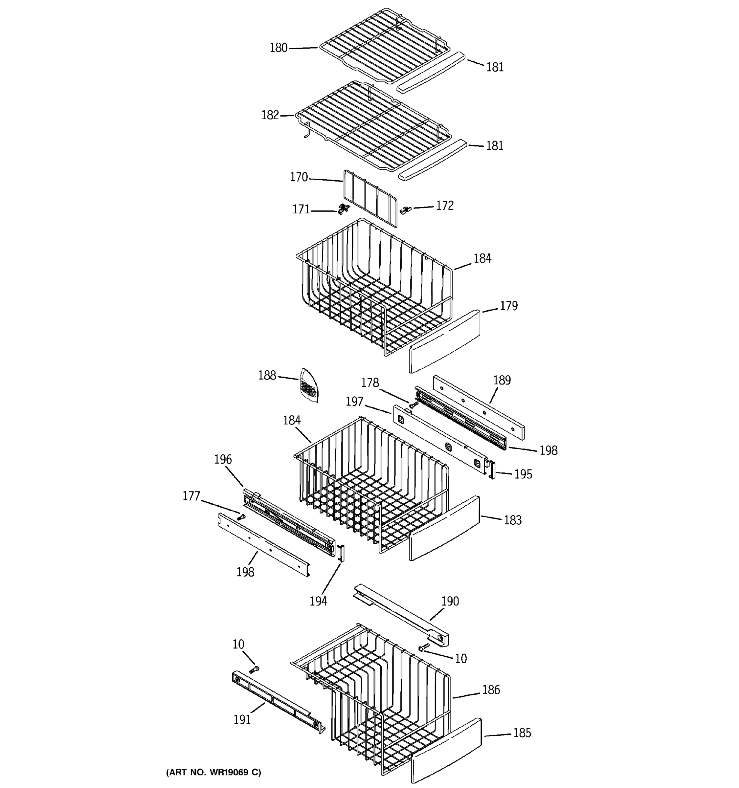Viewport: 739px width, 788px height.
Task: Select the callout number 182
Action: [x=270, y=115]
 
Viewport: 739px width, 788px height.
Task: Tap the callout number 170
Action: [x=299, y=177]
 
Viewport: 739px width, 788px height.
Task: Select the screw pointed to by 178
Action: [x=414, y=405]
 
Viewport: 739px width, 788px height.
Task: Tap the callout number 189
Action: [x=502, y=381]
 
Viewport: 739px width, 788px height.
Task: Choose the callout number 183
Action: [x=512, y=520]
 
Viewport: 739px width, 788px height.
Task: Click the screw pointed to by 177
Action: [x=241, y=517]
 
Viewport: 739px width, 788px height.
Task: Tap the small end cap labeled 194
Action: [x=341, y=553]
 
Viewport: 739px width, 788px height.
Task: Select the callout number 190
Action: [x=450, y=601]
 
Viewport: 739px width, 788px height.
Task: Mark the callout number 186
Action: [x=491, y=690]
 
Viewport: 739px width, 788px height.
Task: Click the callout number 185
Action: [x=522, y=733]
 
